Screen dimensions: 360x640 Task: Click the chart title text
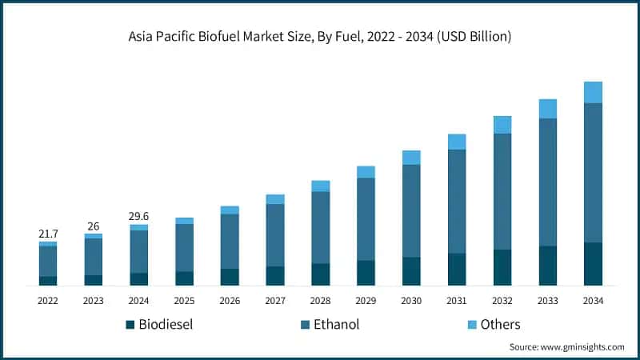tap(320, 37)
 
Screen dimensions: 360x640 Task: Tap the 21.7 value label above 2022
tap(48, 233)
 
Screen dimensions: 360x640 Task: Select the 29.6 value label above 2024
tap(138, 216)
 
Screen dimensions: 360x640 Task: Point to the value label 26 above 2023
tap(94, 226)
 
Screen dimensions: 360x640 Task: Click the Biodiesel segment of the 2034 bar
tap(593, 264)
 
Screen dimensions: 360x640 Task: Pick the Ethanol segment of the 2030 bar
tap(411, 210)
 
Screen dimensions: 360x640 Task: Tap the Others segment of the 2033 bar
tap(547, 109)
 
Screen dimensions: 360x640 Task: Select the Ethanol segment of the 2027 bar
tap(275, 235)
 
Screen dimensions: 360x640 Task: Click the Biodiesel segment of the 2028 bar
tap(320, 274)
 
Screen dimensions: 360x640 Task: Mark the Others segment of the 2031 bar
tap(457, 142)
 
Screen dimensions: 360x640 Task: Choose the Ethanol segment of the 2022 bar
tap(48, 262)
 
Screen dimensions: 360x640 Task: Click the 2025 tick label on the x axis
tap(184, 300)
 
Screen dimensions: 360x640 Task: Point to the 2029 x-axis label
tap(366, 300)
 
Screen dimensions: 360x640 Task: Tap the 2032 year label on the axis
tap(502, 300)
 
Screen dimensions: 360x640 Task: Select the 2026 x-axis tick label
tap(230, 300)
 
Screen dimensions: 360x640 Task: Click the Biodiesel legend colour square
tap(130, 325)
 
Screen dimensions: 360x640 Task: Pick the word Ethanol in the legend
tap(336, 324)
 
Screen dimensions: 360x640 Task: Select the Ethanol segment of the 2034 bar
tap(593, 172)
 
